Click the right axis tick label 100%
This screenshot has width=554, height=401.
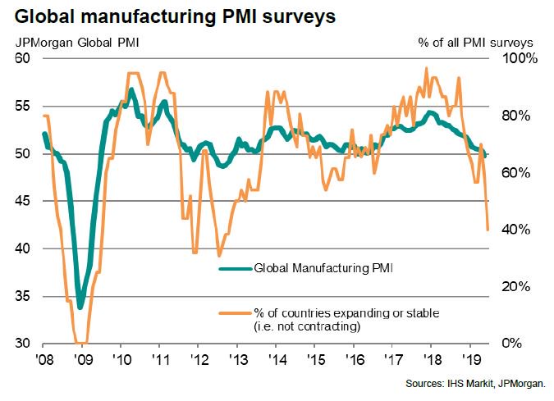[x=520, y=59]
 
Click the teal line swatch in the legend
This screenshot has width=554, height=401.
[x=235, y=267]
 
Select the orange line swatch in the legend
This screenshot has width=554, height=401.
[x=235, y=312]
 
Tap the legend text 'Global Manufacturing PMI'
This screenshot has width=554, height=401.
[x=323, y=267]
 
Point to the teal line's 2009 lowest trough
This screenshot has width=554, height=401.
[x=80, y=308]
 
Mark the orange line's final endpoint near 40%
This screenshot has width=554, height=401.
[x=488, y=230]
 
